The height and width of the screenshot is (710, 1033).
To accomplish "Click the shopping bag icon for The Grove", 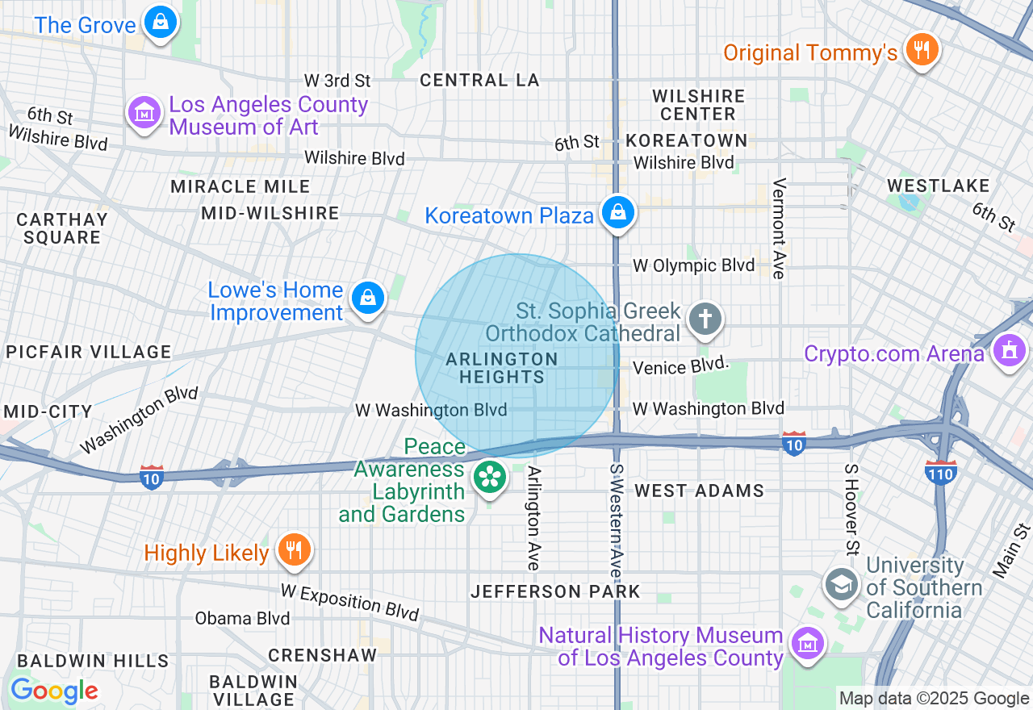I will (161, 23).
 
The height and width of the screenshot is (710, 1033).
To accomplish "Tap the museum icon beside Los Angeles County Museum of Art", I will (144, 112).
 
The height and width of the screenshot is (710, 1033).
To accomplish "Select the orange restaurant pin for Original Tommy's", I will (921, 50).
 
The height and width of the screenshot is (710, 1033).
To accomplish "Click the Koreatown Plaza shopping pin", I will (618, 213).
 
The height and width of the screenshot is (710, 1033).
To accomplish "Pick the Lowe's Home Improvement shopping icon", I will (368, 298).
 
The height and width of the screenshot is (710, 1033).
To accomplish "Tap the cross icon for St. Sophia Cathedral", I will (705, 319).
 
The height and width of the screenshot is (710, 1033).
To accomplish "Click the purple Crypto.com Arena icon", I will (1009, 351).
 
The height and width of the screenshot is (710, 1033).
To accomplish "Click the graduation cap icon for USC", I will (841, 584).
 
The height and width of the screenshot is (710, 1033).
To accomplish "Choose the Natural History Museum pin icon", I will (806, 644).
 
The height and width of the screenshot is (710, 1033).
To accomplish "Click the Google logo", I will (54, 691).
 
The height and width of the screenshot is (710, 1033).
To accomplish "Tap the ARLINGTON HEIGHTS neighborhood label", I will (502, 368).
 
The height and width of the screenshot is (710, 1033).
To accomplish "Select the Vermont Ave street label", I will (779, 229).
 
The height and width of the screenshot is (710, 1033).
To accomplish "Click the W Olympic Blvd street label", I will (694, 265).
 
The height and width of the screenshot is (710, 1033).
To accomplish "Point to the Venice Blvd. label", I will (681, 367).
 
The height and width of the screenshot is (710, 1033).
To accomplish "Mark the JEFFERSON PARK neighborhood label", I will (555, 591).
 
